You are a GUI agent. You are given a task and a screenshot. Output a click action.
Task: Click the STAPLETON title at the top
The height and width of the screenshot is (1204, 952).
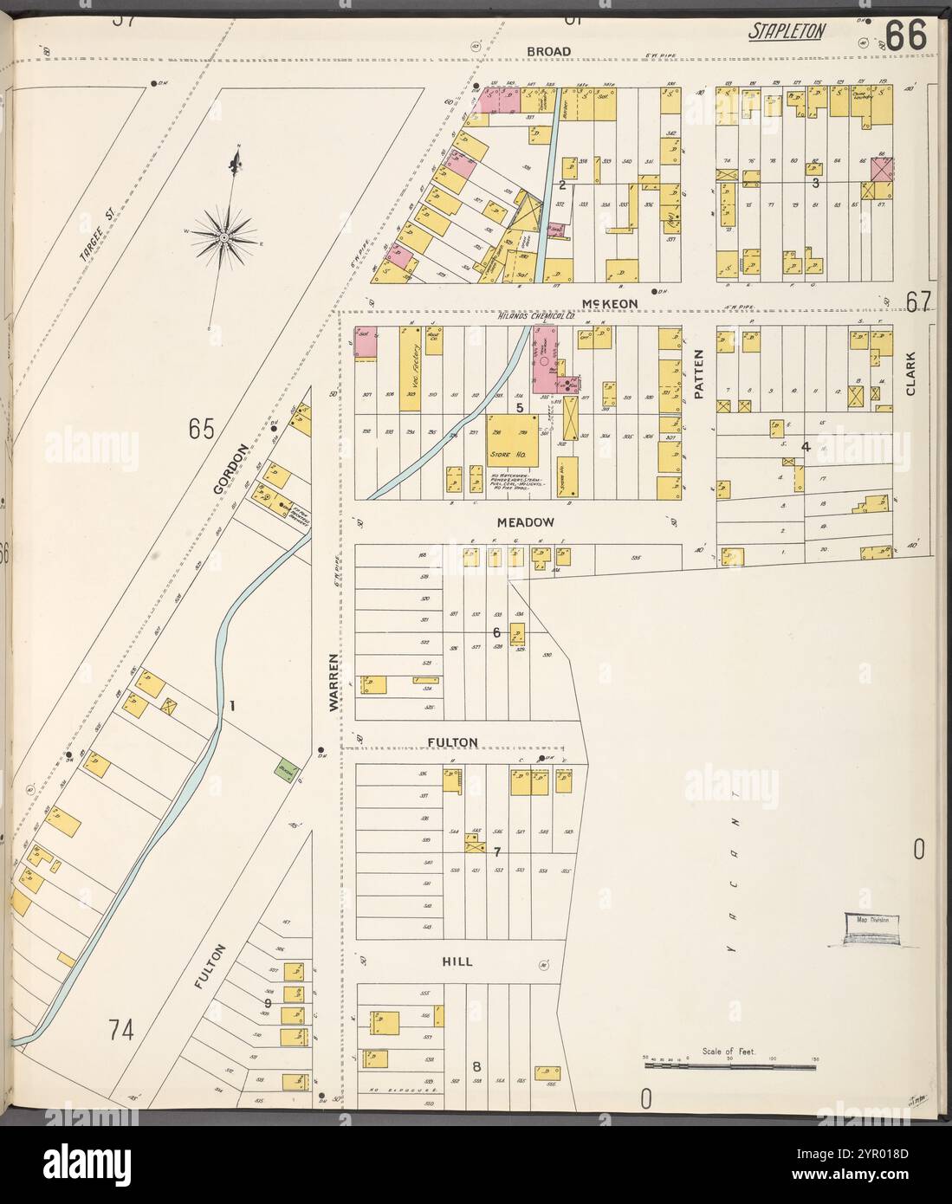[x=787, y=33]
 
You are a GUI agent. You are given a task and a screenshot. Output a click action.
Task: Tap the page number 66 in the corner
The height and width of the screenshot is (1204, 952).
[x=906, y=35]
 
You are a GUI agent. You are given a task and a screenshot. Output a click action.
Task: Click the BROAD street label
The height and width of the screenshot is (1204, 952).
[x=549, y=52]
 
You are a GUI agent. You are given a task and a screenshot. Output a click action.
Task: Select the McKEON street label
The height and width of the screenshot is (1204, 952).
[x=610, y=302]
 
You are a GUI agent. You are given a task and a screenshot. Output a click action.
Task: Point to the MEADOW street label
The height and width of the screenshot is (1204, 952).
[x=520, y=522]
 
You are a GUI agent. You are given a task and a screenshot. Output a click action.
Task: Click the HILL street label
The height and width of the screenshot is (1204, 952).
[x=457, y=961]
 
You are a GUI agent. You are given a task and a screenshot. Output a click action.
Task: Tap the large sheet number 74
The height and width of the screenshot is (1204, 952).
[x=125, y=1030]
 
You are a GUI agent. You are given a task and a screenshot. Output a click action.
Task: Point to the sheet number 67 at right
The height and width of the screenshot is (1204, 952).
[x=918, y=300]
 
